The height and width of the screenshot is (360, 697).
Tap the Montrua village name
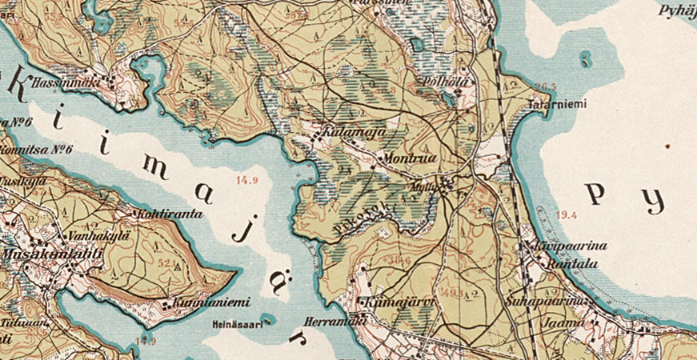point(410,158)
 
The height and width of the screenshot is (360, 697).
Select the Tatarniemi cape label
point(557,105)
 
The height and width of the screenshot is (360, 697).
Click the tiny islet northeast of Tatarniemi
point(587,58)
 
